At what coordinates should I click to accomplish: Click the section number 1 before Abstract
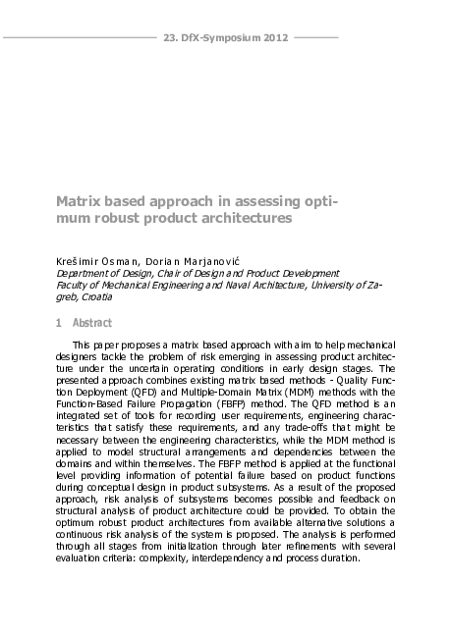coord(59,323)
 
